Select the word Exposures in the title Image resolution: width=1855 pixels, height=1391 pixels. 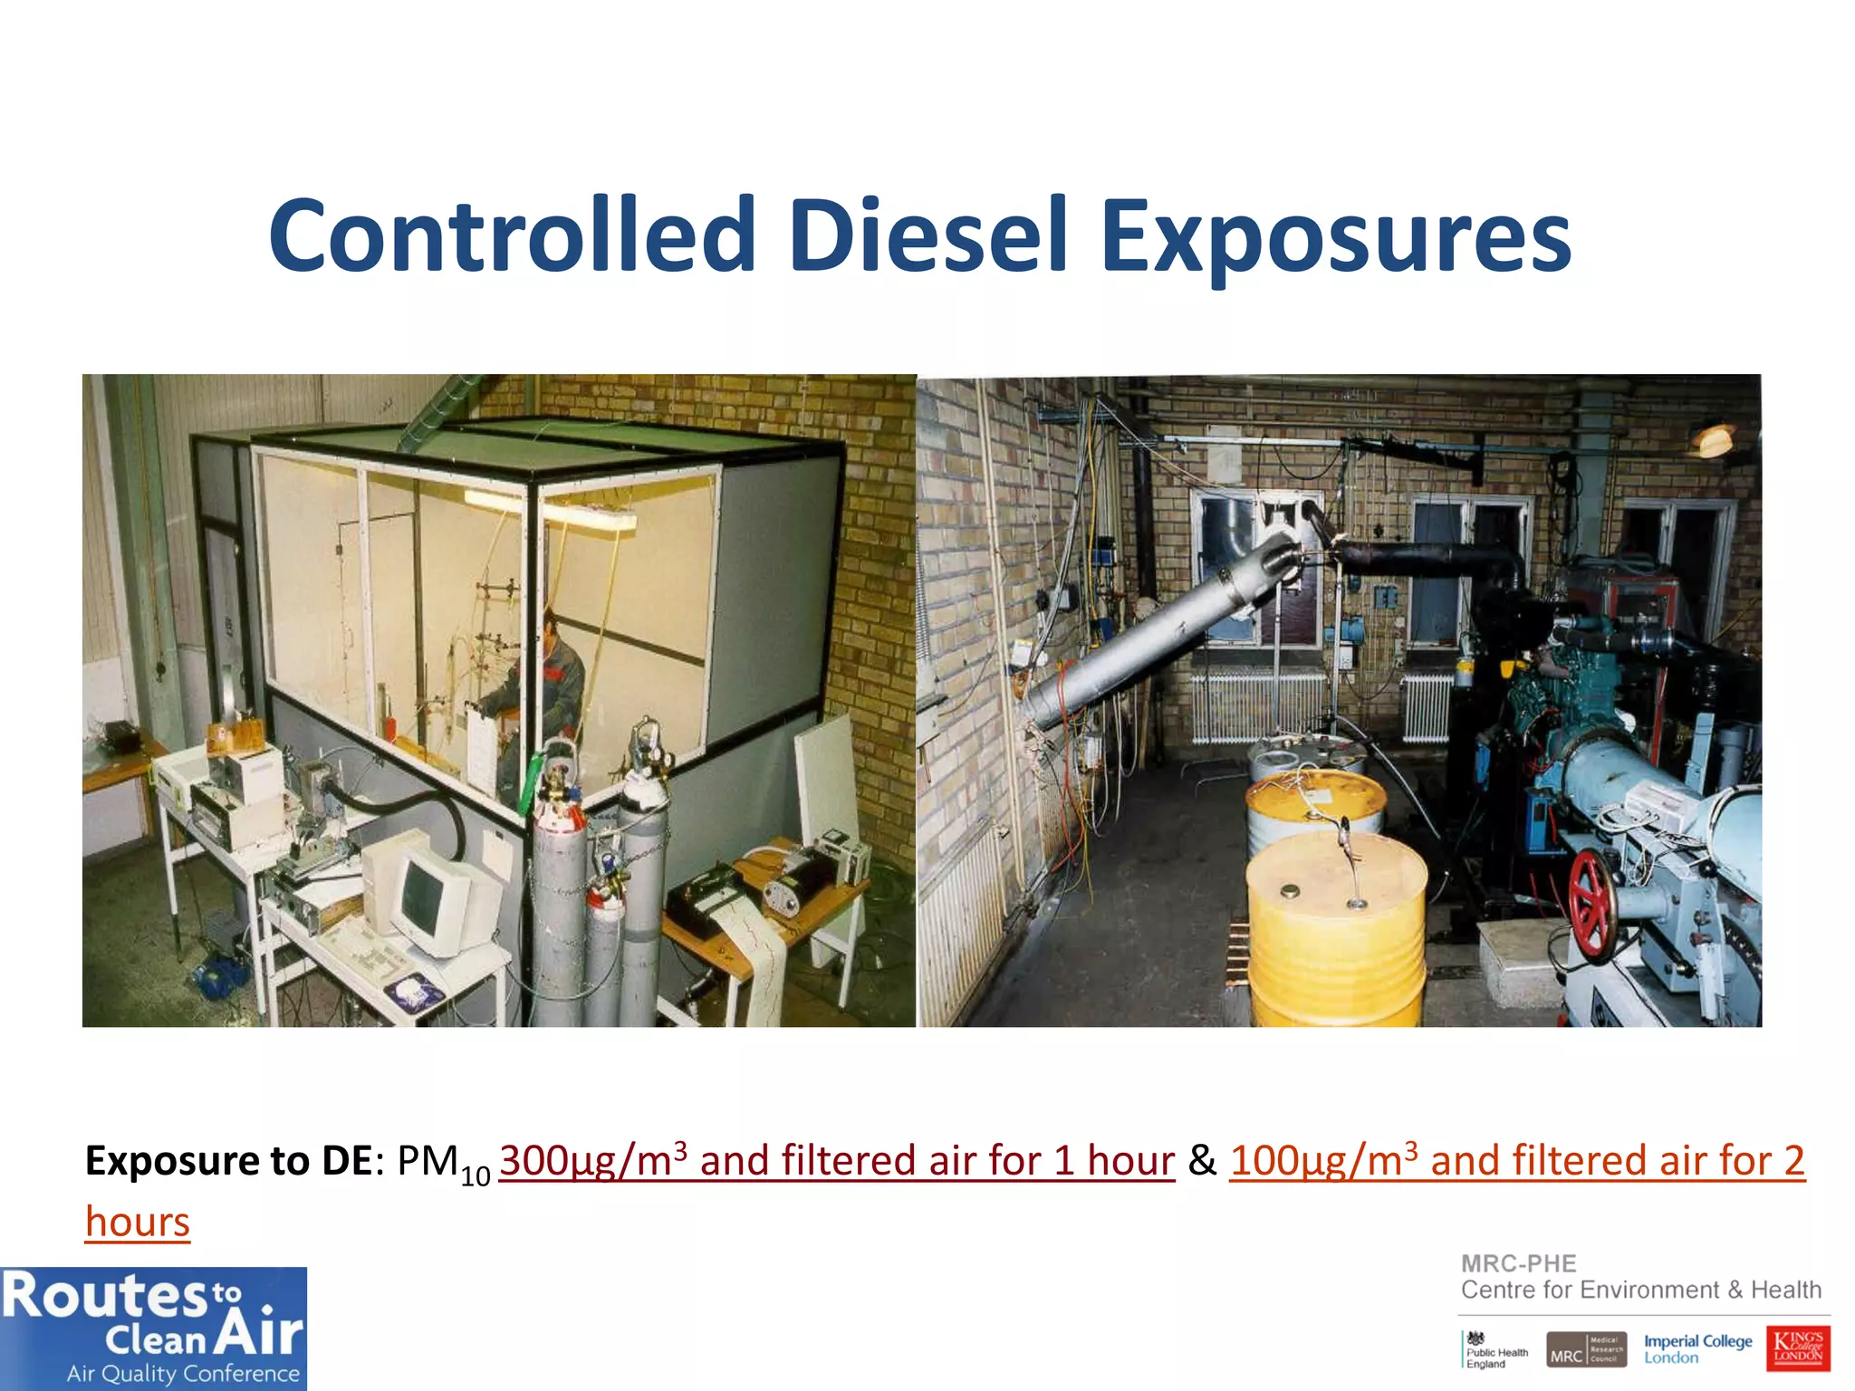[x=1336, y=237]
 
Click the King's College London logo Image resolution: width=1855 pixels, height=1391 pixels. [x=1798, y=1348]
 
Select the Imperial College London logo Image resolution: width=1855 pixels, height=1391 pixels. [x=1697, y=1348]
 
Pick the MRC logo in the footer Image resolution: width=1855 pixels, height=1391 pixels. [x=1586, y=1348]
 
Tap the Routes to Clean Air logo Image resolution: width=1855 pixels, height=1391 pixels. [x=153, y=1329]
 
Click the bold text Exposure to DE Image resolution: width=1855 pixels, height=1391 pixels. [x=228, y=1161]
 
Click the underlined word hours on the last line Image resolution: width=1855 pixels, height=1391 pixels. [x=138, y=1222]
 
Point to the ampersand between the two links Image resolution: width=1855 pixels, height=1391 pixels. [x=1202, y=1161]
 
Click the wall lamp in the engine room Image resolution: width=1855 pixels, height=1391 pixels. [x=1715, y=441]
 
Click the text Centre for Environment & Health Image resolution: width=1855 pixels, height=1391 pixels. [x=1640, y=1290]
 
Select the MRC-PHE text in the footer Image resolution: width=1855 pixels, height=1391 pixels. [x=1518, y=1263]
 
